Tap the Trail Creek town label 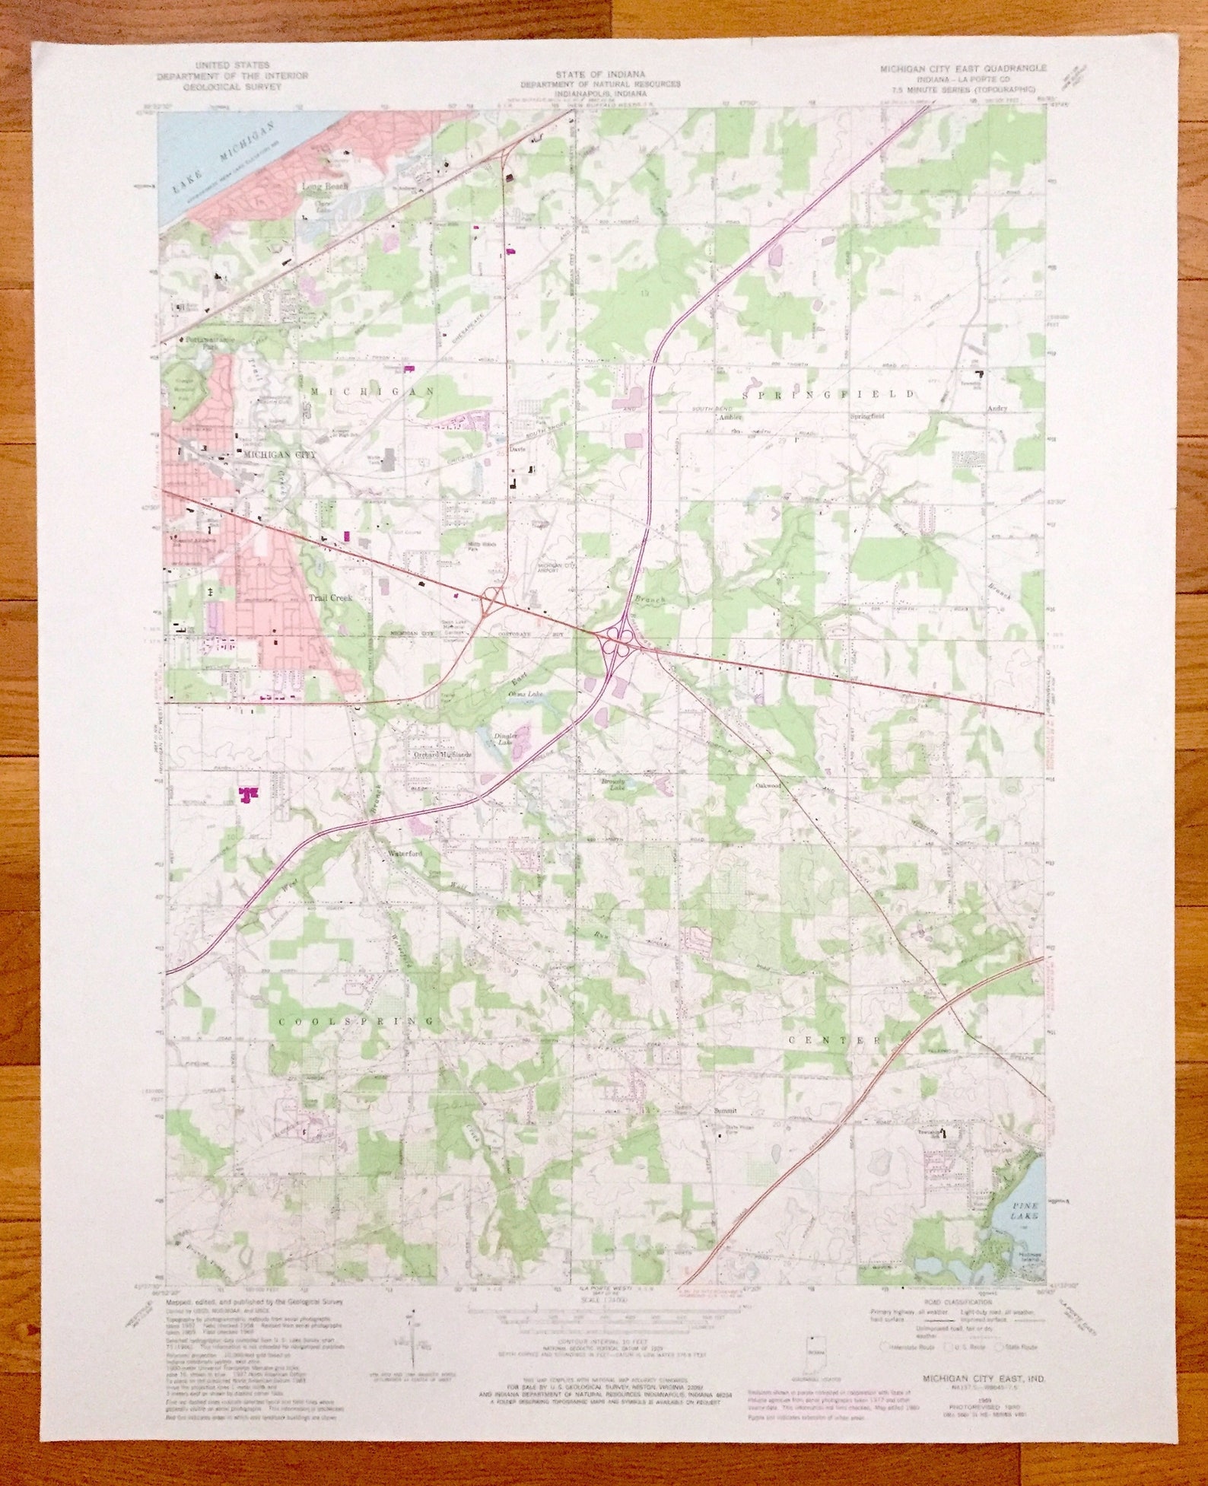pos(331,599)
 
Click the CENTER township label pos(834,1039)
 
